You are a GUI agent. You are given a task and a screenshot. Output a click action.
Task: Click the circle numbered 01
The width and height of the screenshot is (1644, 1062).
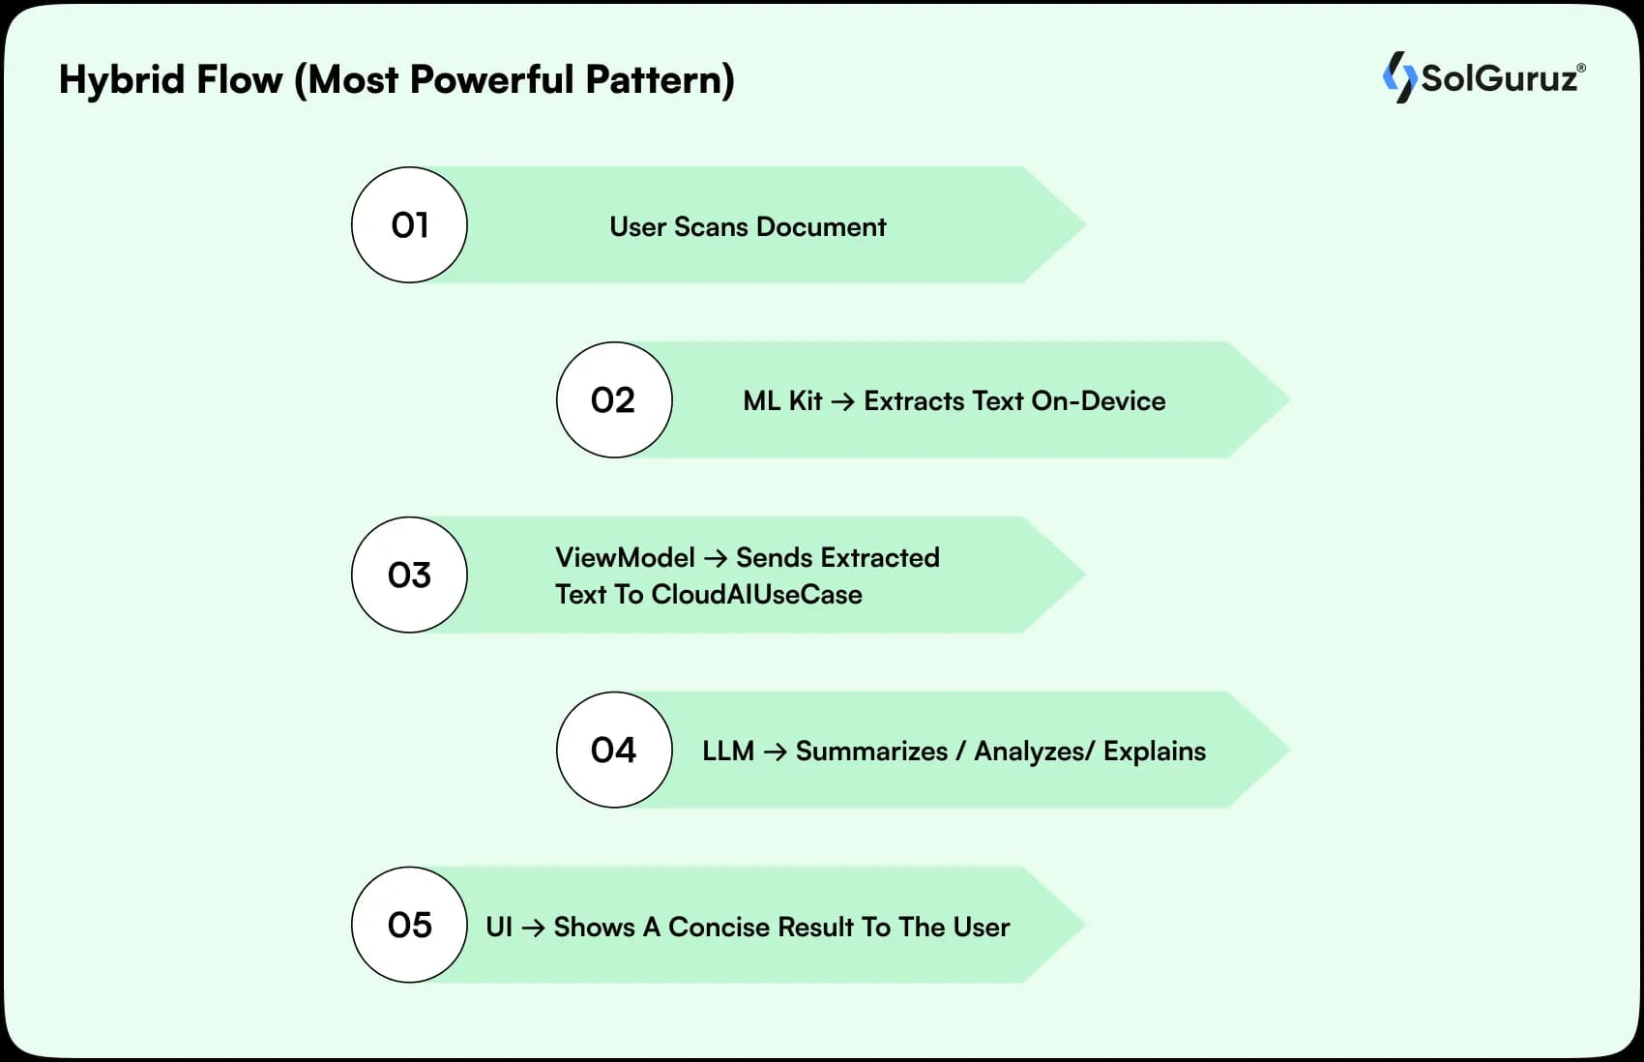(409, 225)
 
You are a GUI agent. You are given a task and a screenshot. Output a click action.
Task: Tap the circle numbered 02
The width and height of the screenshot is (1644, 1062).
(614, 400)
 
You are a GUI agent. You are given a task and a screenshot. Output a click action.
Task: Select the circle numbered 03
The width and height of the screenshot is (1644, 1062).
(409, 575)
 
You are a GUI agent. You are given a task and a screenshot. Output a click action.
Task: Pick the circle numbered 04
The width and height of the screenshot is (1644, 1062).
(614, 751)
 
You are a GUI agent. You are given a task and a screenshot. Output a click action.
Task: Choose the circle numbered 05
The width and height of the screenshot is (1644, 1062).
(409, 926)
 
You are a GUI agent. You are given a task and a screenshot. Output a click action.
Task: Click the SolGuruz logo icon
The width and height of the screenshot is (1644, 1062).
(1398, 77)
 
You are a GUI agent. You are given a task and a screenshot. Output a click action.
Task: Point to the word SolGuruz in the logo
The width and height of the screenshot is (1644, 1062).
(1500, 78)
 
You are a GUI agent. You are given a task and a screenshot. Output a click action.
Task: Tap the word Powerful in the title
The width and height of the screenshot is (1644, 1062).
(492, 79)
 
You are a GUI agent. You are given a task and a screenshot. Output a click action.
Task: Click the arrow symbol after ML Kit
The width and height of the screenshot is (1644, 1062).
(842, 401)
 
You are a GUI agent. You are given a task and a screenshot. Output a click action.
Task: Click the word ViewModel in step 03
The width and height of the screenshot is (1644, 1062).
(625, 557)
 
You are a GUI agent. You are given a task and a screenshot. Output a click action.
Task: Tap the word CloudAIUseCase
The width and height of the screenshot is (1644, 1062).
(756, 594)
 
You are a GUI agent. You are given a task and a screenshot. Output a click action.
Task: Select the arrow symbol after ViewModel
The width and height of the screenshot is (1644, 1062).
(716, 558)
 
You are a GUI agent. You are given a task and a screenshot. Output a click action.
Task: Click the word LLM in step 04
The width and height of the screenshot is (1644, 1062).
(728, 752)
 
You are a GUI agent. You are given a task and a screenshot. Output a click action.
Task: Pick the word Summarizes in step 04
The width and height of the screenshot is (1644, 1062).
(871, 752)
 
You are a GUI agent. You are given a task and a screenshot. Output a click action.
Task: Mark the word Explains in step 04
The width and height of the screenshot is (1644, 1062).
(1155, 752)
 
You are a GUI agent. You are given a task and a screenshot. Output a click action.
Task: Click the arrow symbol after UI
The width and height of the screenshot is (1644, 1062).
(533, 928)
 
